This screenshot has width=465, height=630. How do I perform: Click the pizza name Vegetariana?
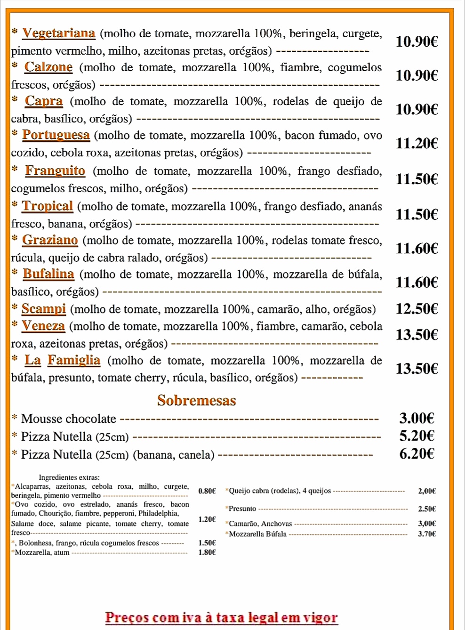point(59,33)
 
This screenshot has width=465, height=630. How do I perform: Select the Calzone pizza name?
point(48,67)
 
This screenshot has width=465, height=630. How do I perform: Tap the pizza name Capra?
point(44,101)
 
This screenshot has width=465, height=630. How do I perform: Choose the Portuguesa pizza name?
point(56,135)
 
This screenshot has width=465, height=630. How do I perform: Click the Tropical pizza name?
point(48,206)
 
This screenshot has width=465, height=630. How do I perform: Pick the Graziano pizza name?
point(50,240)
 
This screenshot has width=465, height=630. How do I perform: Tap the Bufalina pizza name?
point(48,274)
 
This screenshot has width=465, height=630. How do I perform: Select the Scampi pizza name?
point(44,308)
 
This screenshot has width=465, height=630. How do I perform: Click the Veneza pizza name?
point(43,325)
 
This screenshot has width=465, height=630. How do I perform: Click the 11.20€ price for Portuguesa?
point(417,143)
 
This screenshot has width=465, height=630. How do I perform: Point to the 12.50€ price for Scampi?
point(417,308)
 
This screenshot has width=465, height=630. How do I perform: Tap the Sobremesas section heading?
point(197,400)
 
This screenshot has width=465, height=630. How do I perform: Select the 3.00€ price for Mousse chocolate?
point(417,418)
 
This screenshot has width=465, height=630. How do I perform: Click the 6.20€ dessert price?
point(417,453)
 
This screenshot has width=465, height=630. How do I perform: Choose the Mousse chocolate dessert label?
point(69,419)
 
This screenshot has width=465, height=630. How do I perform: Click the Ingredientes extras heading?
point(69,477)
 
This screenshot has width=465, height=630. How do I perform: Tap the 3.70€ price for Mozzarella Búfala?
point(427,534)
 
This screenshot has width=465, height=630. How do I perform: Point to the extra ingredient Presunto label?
point(242,509)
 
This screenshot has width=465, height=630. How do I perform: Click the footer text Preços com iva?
point(221,617)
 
